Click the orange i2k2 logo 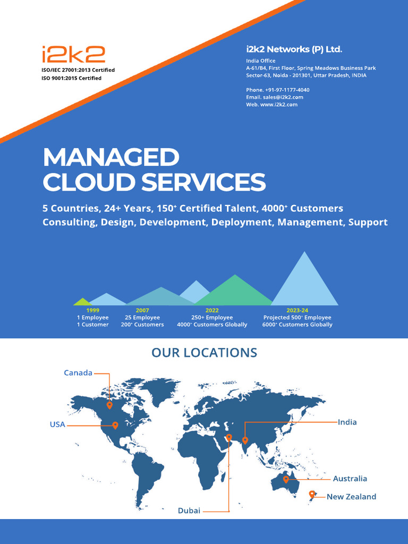[x=73, y=55]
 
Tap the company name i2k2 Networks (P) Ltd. [x=294, y=49]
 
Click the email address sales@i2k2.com [x=283, y=97]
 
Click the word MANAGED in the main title [x=111, y=157]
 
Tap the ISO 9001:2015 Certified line [x=71, y=78]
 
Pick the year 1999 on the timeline [x=92, y=310]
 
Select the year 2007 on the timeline [x=142, y=310]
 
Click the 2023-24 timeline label [x=297, y=310]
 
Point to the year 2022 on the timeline [x=212, y=310]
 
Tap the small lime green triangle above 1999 [x=81, y=302]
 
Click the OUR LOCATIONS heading [x=204, y=353]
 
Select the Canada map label [x=78, y=373]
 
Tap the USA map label [x=57, y=424]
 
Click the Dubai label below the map [x=189, y=511]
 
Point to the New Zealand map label [x=351, y=497]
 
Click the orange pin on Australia [x=286, y=479]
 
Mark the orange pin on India [x=245, y=440]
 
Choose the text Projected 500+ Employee [x=297, y=318]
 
